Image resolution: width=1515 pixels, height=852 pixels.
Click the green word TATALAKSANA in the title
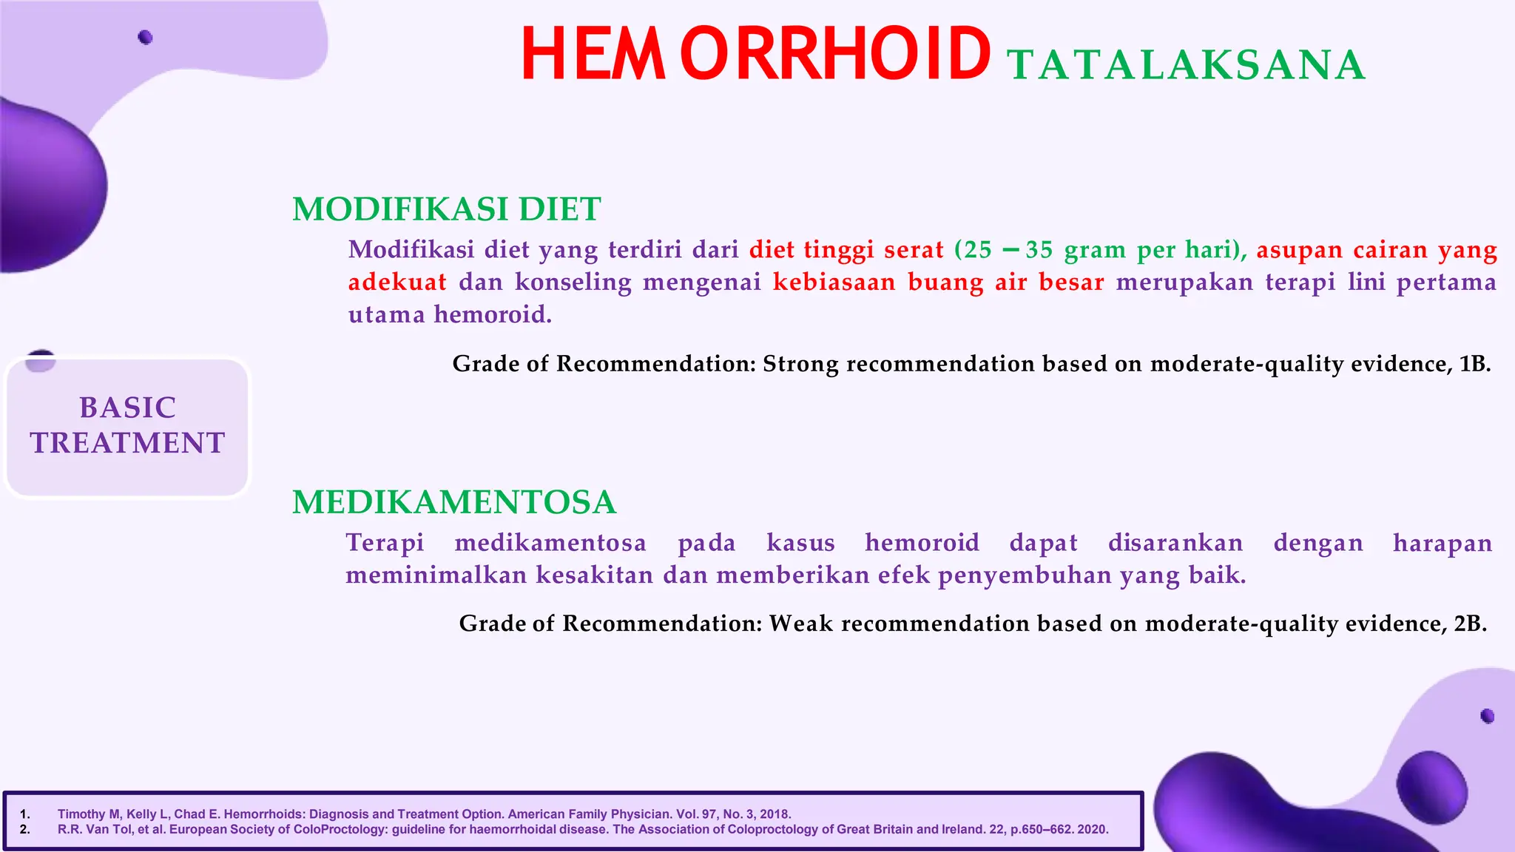(x=1186, y=65)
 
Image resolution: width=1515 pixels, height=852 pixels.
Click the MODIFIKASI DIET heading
(x=446, y=209)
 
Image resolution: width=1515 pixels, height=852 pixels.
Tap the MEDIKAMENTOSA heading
(x=454, y=502)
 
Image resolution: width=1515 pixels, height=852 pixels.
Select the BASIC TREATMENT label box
(x=127, y=426)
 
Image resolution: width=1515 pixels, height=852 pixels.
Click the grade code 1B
(x=1474, y=364)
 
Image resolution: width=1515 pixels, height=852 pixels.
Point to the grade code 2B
(x=1470, y=623)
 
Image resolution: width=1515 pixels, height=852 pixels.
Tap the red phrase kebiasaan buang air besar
(x=938, y=282)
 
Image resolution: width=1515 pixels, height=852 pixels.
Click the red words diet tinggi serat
(x=846, y=249)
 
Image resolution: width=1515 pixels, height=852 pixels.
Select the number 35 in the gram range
(x=1039, y=249)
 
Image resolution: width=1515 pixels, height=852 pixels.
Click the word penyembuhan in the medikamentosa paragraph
(x=1025, y=575)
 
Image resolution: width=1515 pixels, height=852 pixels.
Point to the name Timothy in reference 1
(x=81, y=814)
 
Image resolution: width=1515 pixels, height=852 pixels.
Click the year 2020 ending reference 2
(x=1093, y=829)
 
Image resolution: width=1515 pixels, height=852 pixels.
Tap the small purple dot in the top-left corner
(x=145, y=37)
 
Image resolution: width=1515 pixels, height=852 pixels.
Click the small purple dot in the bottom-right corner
(x=1488, y=716)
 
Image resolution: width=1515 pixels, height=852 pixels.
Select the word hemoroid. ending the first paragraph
(x=493, y=314)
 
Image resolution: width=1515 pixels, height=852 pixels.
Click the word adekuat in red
(x=397, y=282)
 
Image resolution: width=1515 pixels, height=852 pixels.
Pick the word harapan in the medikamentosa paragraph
(x=1442, y=542)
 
